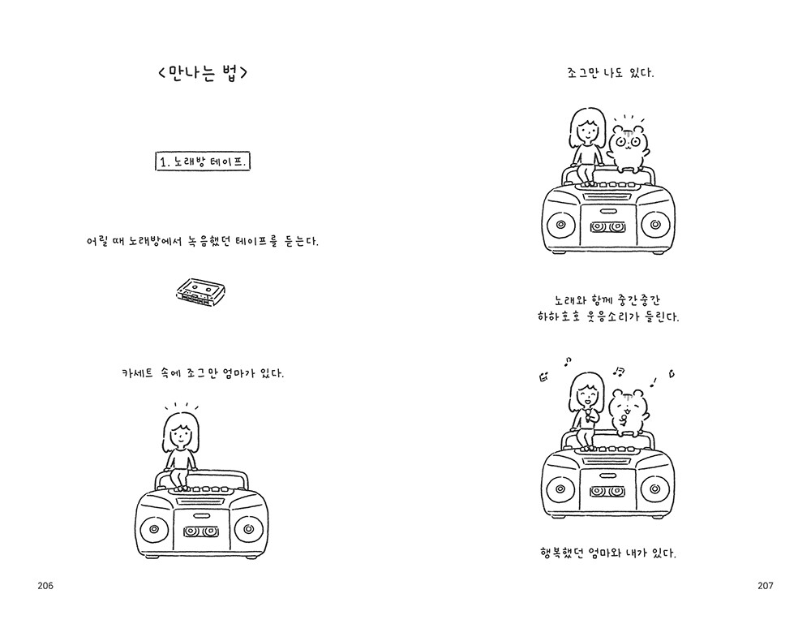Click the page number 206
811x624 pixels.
pyautogui.click(x=45, y=586)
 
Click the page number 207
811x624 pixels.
pyautogui.click(x=766, y=586)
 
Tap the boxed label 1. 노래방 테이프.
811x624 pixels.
pyautogui.click(x=203, y=161)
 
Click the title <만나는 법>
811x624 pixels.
pyautogui.click(x=203, y=72)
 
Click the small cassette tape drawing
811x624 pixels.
pyautogui.click(x=200, y=292)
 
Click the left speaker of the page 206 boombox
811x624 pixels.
pyautogui.click(x=153, y=529)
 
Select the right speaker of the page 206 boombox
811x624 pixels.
pyautogui.click(x=249, y=529)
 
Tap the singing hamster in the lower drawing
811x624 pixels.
pyautogui.click(x=628, y=411)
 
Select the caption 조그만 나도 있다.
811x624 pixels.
pyautogui.click(x=611, y=73)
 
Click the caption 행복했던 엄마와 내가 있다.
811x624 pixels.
pyautogui.click(x=607, y=553)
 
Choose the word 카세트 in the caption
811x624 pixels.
pyautogui.click(x=137, y=373)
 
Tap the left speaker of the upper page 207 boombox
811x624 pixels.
pyautogui.click(x=560, y=225)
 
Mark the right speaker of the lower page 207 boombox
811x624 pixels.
pyautogui.click(x=655, y=488)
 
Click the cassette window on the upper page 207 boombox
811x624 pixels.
pyautogui.click(x=608, y=227)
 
